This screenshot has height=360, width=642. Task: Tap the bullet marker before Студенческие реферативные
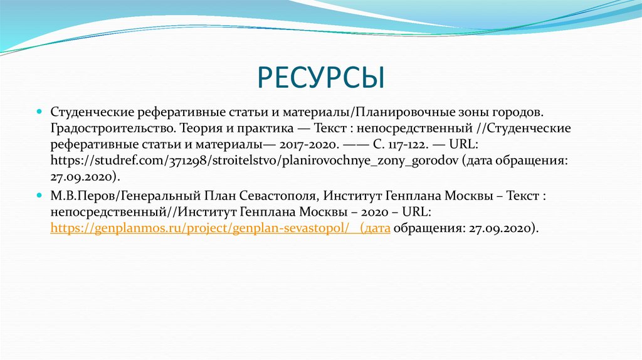click(39, 111)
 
